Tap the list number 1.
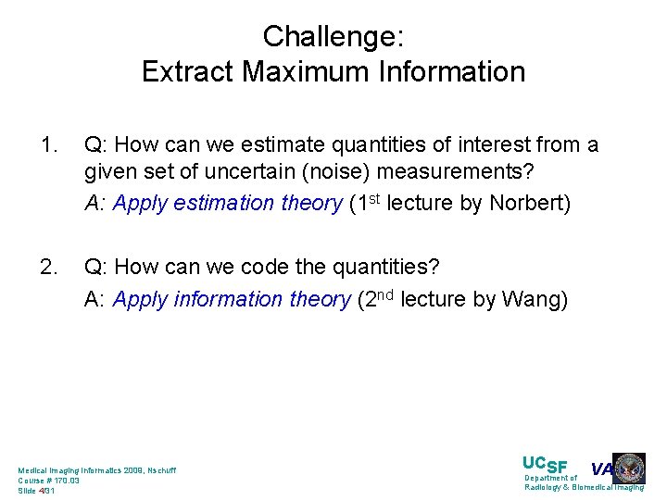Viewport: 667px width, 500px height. click(48, 145)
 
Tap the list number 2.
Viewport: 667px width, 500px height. click(48, 268)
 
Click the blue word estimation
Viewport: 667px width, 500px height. click(233, 204)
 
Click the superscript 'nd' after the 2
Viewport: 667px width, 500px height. click(388, 294)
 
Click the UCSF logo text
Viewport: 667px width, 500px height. click(545, 466)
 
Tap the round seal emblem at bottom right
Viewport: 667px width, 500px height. click(629, 469)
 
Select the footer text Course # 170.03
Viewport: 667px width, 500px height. click(49, 481)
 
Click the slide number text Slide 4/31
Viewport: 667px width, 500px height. click(37, 491)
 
